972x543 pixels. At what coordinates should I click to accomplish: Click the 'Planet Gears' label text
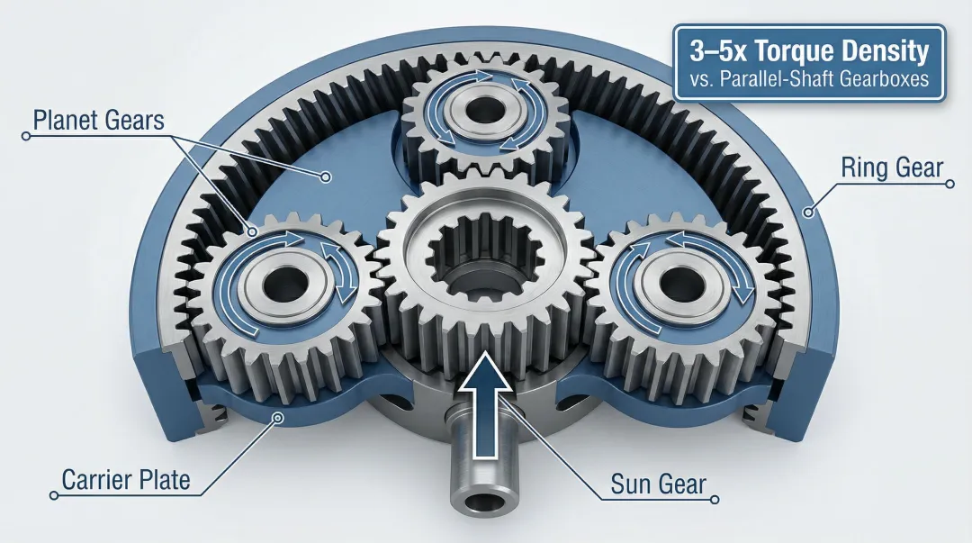click(x=99, y=120)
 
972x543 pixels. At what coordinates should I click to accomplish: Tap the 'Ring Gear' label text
click(x=891, y=167)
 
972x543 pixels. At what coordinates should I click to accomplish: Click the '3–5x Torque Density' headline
click(x=808, y=52)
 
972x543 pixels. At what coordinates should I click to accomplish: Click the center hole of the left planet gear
click(x=284, y=281)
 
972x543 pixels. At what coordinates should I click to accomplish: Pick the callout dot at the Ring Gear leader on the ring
click(x=809, y=213)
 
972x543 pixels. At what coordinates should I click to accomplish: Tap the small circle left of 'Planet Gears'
click(x=26, y=136)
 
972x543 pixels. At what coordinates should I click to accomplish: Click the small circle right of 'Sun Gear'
click(x=715, y=500)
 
